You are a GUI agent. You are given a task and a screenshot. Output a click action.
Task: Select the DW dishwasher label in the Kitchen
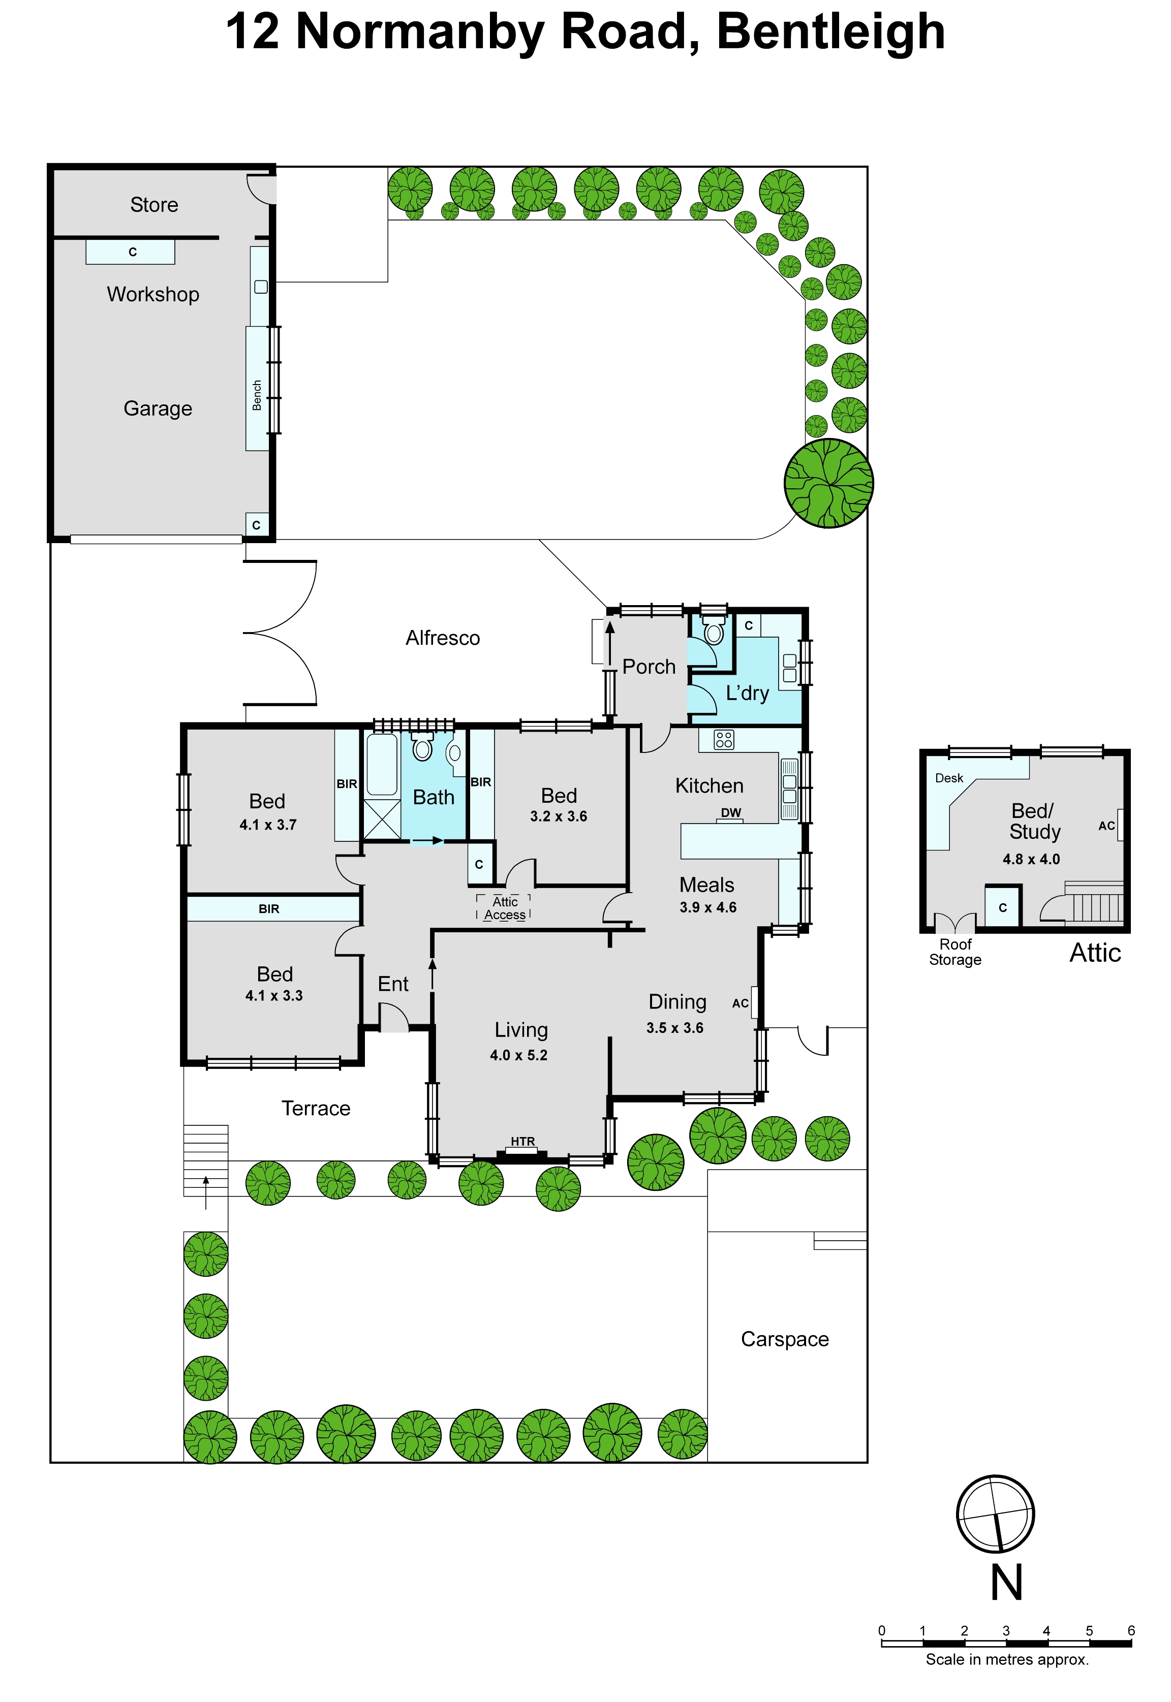click(731, 812)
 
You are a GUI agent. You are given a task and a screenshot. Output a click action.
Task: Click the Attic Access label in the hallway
click(505, 908)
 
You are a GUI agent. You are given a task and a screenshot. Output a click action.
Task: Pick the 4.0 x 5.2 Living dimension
click(519, 1055)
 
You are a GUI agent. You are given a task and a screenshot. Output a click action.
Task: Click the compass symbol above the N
click(996, 1515)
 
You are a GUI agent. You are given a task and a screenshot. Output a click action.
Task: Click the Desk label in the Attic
click(949, 778)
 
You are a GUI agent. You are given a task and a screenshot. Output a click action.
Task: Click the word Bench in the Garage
click(257, 395)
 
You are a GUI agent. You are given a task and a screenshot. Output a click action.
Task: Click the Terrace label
click(316, 1108)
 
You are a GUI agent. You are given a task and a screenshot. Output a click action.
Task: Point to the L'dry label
click(747, 693)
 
